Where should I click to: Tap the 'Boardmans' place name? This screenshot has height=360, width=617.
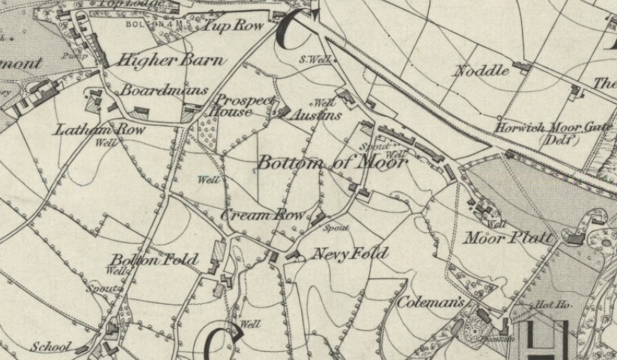click(164, 91)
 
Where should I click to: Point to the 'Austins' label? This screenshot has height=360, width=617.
click(316, 115)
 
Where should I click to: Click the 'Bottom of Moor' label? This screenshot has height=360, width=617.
click(332, 162)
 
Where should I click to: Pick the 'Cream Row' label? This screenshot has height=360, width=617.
click(263, 216)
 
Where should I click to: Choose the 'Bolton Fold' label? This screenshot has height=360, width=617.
click(155, 260)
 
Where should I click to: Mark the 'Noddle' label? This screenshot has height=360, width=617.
click(481, 71)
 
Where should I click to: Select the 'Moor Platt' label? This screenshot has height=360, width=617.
click(509, 239)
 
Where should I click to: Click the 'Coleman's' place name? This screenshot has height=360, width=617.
click(431, 302)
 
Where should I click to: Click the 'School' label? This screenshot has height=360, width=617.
click(51, 347)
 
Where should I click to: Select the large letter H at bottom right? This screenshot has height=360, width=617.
click(547, 341)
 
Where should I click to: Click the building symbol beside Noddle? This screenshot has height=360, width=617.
click(521, 67)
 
